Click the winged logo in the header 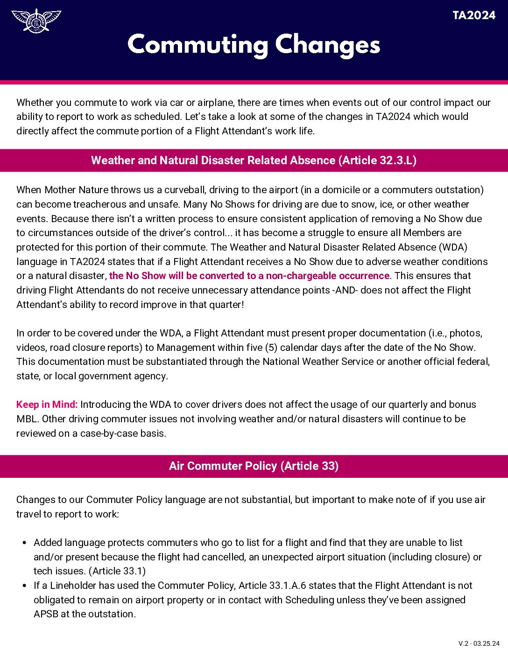click(36, 21)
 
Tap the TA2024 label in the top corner click(473, 15)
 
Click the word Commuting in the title click(198, 45)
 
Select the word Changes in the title click(327, 45)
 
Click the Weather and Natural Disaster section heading click(254, 161)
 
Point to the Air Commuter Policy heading click(254, 466)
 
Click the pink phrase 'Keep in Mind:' click(47, 405)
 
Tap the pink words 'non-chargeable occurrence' click(327, 276)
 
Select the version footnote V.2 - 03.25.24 click(479, 644)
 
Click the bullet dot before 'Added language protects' click(24, 543)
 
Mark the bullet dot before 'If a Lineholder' click(24, 586)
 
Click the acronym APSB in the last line click(46, 614)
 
